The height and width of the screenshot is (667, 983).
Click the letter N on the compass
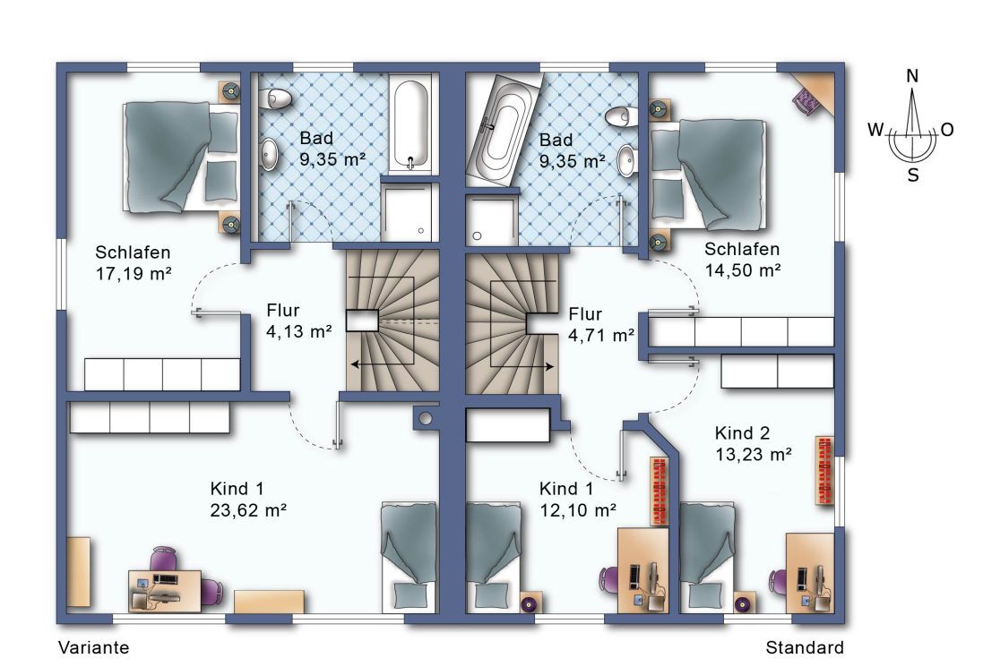coord(912,76)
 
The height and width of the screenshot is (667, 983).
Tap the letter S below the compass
coord(913,175)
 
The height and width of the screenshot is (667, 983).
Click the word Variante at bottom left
coord(94,647)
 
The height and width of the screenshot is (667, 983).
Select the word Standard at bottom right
coord(805,647)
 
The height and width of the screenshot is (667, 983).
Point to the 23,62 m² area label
coord(249,510)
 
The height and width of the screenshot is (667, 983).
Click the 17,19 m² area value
coord(134,274)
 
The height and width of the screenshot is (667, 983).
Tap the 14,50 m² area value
coord(743,270)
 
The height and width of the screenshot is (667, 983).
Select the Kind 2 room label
coord(742,433)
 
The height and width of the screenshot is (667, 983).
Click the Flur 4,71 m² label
coord(601,324)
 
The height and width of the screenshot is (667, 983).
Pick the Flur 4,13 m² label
coord(299,321)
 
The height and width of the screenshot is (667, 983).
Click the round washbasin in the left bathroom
coord(270,154)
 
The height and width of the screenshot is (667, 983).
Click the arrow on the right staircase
coord(522,366)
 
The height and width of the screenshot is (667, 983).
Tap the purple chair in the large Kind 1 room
coord(164,559)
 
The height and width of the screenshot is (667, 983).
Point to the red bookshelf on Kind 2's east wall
coord(825,471)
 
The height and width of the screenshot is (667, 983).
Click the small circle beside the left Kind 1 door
coord(427,418)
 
